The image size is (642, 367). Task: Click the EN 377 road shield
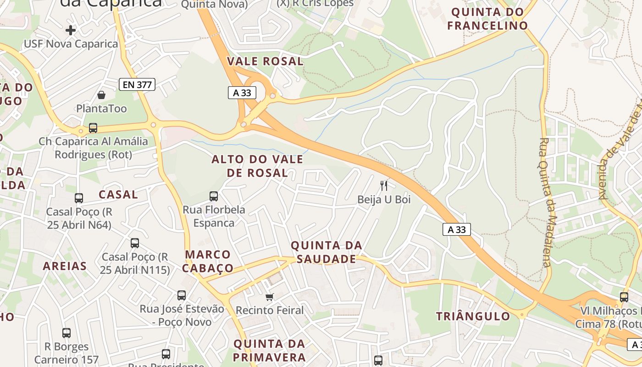pyautogui.click(x=137, y=84)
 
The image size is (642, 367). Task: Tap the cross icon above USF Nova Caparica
pyautogui.click(x=70, y=30)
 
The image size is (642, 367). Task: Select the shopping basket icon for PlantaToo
pyautogui.click(x=101, y=95)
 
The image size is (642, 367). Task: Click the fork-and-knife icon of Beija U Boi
pyautogui.click(x=384, y=185)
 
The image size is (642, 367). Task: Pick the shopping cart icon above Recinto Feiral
pyautogui.click(x=270, y=297)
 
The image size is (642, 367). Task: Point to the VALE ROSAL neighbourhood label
pyautogui.click(x=266, y=61)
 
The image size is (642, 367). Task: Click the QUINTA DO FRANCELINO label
pyautogui.click(x=487, y=19)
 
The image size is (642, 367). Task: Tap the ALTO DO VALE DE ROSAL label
pyautogui.click(x=257, y=166)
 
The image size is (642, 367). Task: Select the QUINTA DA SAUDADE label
pyautogui.click(x=327, y=252)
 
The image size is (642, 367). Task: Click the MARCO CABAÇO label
pyautogui.click(x=209, y=261)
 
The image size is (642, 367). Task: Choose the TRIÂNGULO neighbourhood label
pyautogui.click(x=473, y=316)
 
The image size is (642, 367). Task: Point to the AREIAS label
pyautogui.click(x=65, y=266)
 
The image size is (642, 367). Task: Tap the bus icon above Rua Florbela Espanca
pyautogui.click(x=214, y=196)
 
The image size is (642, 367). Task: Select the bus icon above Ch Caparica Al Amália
pyautogui.click(x=93, y=128)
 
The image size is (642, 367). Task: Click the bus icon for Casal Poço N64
pyautogui.click(x=79, y=198)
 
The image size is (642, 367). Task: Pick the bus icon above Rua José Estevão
pyautogui.click(x=182, y=295)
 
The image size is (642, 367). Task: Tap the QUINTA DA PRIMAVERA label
pyautogui.click(x=269, y=350)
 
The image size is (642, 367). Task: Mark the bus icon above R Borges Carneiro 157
pyautogui.click(x=66, y=333)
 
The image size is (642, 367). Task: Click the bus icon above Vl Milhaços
pyautogui.click(x=624, y=297)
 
